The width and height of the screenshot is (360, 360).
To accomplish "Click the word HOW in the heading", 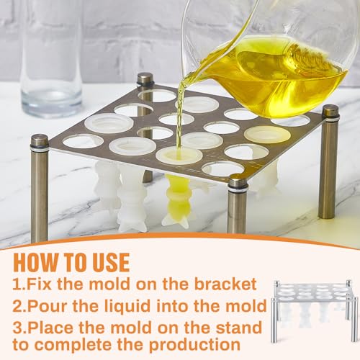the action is coord(35,262).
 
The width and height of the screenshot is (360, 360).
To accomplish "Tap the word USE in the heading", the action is coord(111,262).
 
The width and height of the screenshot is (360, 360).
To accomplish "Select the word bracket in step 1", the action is coord(225,284).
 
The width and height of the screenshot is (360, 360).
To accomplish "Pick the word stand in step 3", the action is coord(238,328).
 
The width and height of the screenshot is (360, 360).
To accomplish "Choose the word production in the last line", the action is coord(194,346).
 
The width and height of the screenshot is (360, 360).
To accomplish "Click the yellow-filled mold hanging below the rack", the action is coord(177,200).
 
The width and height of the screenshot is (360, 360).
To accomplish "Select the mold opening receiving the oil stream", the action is coord(179,155).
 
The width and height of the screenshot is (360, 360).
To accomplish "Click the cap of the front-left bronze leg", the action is coord(40,141).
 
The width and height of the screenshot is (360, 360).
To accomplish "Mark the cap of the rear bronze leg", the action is coord(145,79).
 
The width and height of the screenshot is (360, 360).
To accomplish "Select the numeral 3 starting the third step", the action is coord(18,328).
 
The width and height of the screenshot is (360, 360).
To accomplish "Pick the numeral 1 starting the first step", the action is coord(17,284).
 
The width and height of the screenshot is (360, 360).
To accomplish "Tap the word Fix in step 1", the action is coord(39,284).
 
